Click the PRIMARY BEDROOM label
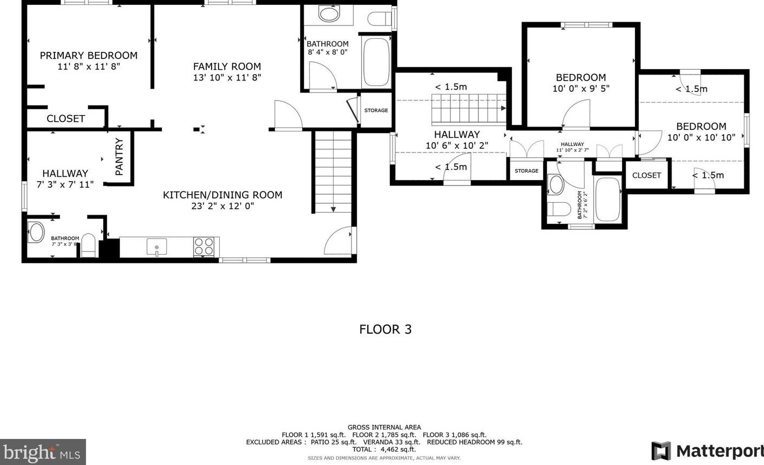89,55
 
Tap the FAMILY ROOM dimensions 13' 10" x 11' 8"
227,77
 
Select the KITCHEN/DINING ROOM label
222,195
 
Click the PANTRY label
119,156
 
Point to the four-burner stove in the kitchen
204,247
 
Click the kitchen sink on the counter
157,247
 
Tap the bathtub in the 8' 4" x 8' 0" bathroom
376,62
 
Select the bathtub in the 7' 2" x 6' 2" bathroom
608,199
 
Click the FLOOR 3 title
386,329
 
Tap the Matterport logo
707,451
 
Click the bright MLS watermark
42,453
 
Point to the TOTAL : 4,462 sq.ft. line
384,449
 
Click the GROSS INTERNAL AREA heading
384,427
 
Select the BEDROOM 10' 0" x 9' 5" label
581,83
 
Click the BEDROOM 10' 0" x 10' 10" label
701,132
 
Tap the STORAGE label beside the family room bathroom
376,110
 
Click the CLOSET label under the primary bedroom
66,118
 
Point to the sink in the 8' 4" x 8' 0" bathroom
329,14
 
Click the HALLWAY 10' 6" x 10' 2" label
457,139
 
